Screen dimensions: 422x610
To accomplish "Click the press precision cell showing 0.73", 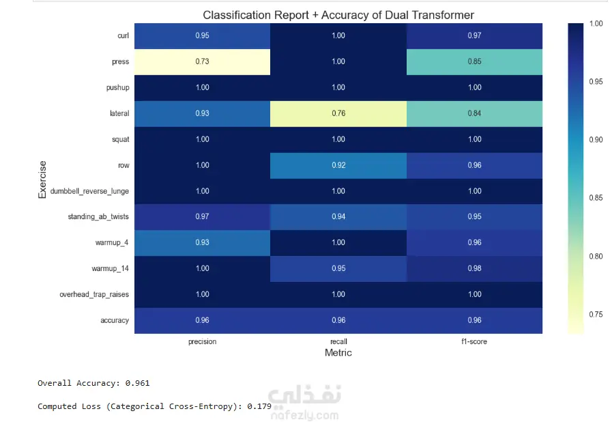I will (202, 61).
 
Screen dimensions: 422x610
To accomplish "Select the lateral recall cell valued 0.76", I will (338, 113).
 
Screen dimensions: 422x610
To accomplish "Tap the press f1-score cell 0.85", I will (475, 61).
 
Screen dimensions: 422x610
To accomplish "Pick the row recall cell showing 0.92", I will (338, 165).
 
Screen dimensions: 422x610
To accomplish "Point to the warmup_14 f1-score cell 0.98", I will (475, 268).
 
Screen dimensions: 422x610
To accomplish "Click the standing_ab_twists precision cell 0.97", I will (202, 216).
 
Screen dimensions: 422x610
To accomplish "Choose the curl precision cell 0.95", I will (202, 36).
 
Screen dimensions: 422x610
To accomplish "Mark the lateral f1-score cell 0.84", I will (475, 113).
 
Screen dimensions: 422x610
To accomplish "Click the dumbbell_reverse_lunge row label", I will (89, 191).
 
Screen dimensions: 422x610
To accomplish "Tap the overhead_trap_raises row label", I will (94, 294).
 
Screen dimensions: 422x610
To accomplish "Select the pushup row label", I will (117, 87).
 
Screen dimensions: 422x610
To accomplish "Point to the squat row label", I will (120, 139).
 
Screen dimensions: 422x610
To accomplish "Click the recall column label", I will (338, 341).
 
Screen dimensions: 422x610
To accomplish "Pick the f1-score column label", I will (474, 341).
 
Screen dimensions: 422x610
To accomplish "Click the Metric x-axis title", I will (338, 353).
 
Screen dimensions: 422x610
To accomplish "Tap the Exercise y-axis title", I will (42, 179).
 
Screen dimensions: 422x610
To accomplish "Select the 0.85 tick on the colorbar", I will (596, 198).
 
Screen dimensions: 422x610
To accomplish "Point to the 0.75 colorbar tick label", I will (596, 315).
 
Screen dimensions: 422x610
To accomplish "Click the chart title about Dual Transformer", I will (338, 15).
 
